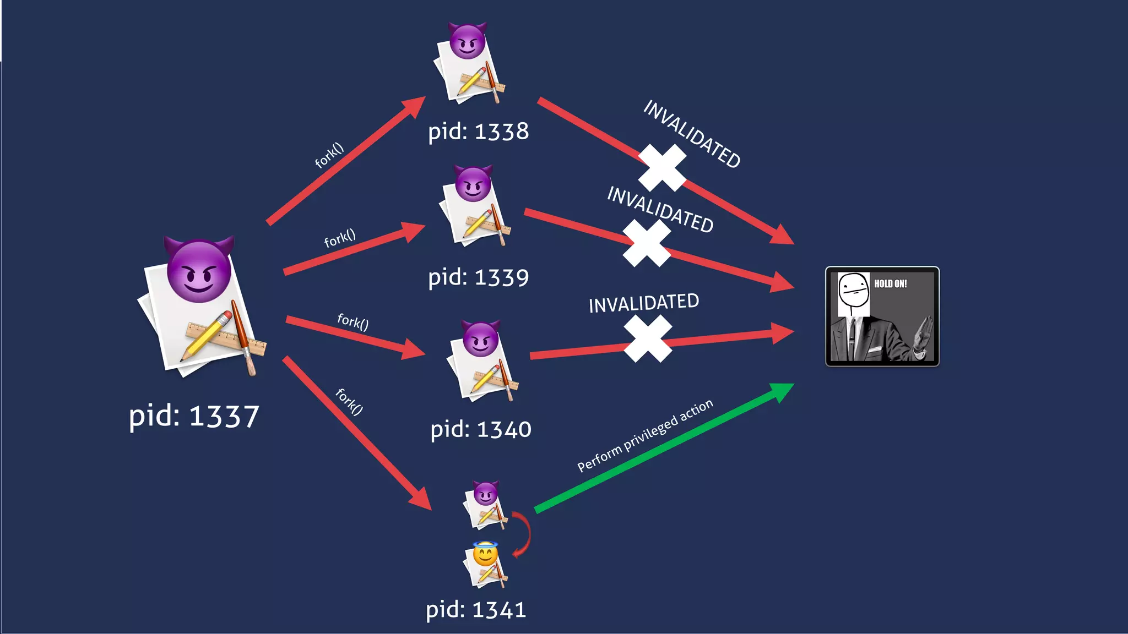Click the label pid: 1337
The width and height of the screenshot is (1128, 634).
(194, 416)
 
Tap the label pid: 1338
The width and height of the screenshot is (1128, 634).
(478, 132)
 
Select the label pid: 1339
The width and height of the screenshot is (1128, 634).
(478, 277)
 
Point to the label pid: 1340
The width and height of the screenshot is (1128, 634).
(480, 429)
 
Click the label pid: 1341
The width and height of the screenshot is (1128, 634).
(476, 610)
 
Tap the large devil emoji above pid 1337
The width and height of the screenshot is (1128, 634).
(199, 270)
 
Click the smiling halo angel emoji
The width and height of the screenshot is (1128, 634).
(485, 554)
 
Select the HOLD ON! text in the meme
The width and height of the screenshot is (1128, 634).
(890, 284)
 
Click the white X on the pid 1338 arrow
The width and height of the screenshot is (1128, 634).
(662, 168)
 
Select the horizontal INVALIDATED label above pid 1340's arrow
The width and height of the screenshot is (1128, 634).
(643, 303)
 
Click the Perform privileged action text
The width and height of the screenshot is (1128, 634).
(645, 435)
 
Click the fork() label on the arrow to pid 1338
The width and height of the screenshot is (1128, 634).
(329, 155)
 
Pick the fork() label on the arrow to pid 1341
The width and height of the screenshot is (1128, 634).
(349, 401)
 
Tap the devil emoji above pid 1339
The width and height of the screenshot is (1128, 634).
(473, 184)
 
